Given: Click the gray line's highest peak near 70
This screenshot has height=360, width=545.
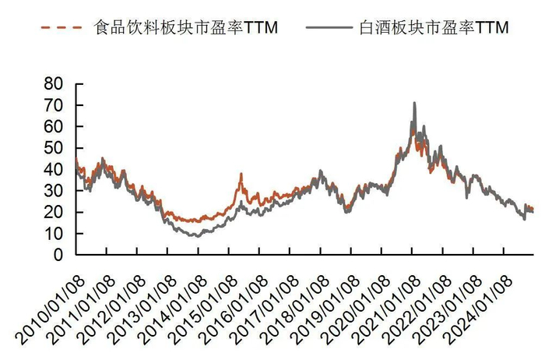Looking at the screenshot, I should click(414, 103).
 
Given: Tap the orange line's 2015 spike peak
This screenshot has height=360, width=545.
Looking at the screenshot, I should click(241, 174).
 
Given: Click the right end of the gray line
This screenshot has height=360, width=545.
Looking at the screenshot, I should click(533, 211).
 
